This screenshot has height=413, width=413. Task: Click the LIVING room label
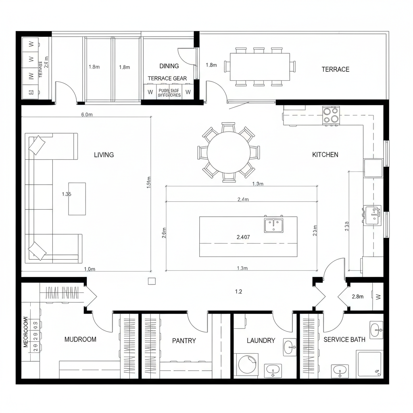(x=104, y=154)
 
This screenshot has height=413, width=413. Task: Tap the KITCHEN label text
(x=325, y=154)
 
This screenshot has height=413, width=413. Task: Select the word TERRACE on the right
(x=335, y=69)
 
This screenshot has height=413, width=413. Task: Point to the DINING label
(x=169, y=66)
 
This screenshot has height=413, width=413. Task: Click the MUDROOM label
(x=80, y=340)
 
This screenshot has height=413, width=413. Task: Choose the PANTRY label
(x=184, y=341)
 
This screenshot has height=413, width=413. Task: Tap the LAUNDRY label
(x=261, y=341)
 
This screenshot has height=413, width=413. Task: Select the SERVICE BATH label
(x=344, y=340)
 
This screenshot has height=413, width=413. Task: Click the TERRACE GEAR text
(x=167, y=78)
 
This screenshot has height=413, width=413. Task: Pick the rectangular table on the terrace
(x=260, y=67)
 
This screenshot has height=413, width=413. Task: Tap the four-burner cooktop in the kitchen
(x=331, y=115)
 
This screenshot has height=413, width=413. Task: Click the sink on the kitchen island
(x=274, y=224)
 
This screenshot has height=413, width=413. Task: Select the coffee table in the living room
(x=77, y=199)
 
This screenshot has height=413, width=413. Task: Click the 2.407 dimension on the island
(x=243, y=237)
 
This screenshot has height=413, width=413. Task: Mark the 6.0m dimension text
(x=87, y=115)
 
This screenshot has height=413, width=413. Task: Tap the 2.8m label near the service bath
(x=357, y=296)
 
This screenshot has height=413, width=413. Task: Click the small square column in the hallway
(x=152, y=282)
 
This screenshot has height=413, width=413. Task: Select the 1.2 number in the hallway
(x=238, y=292)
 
